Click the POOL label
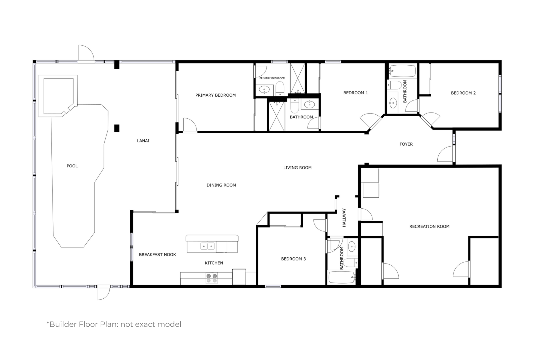click(72, 166)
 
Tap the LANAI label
click(143, 141)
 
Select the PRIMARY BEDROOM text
click(216, 95)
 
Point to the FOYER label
click(406, 144)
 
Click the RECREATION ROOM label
click(429, 226)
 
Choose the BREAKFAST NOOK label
click(157, 255)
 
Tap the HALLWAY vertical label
click(344, 218)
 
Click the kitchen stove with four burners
click(212, 278)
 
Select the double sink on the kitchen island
click(208, 246)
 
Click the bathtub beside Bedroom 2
click(402, 71)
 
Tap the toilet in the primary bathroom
click(280, 88)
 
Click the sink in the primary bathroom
click(264, 90)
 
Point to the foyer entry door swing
click(445, 154)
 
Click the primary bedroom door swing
click(190, 125)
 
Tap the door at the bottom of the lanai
click(104, 293)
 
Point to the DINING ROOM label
click(221, 185)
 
